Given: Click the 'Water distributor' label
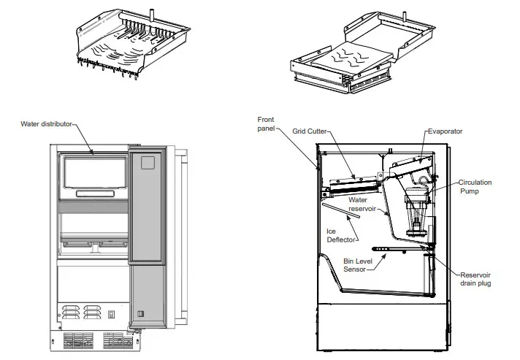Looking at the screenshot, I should point(46,124).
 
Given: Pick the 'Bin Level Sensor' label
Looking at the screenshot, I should point(359,265).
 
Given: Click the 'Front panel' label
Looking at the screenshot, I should point(267,125).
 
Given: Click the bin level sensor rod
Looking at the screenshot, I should point(394,248).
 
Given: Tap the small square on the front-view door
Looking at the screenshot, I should point(148,162).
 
